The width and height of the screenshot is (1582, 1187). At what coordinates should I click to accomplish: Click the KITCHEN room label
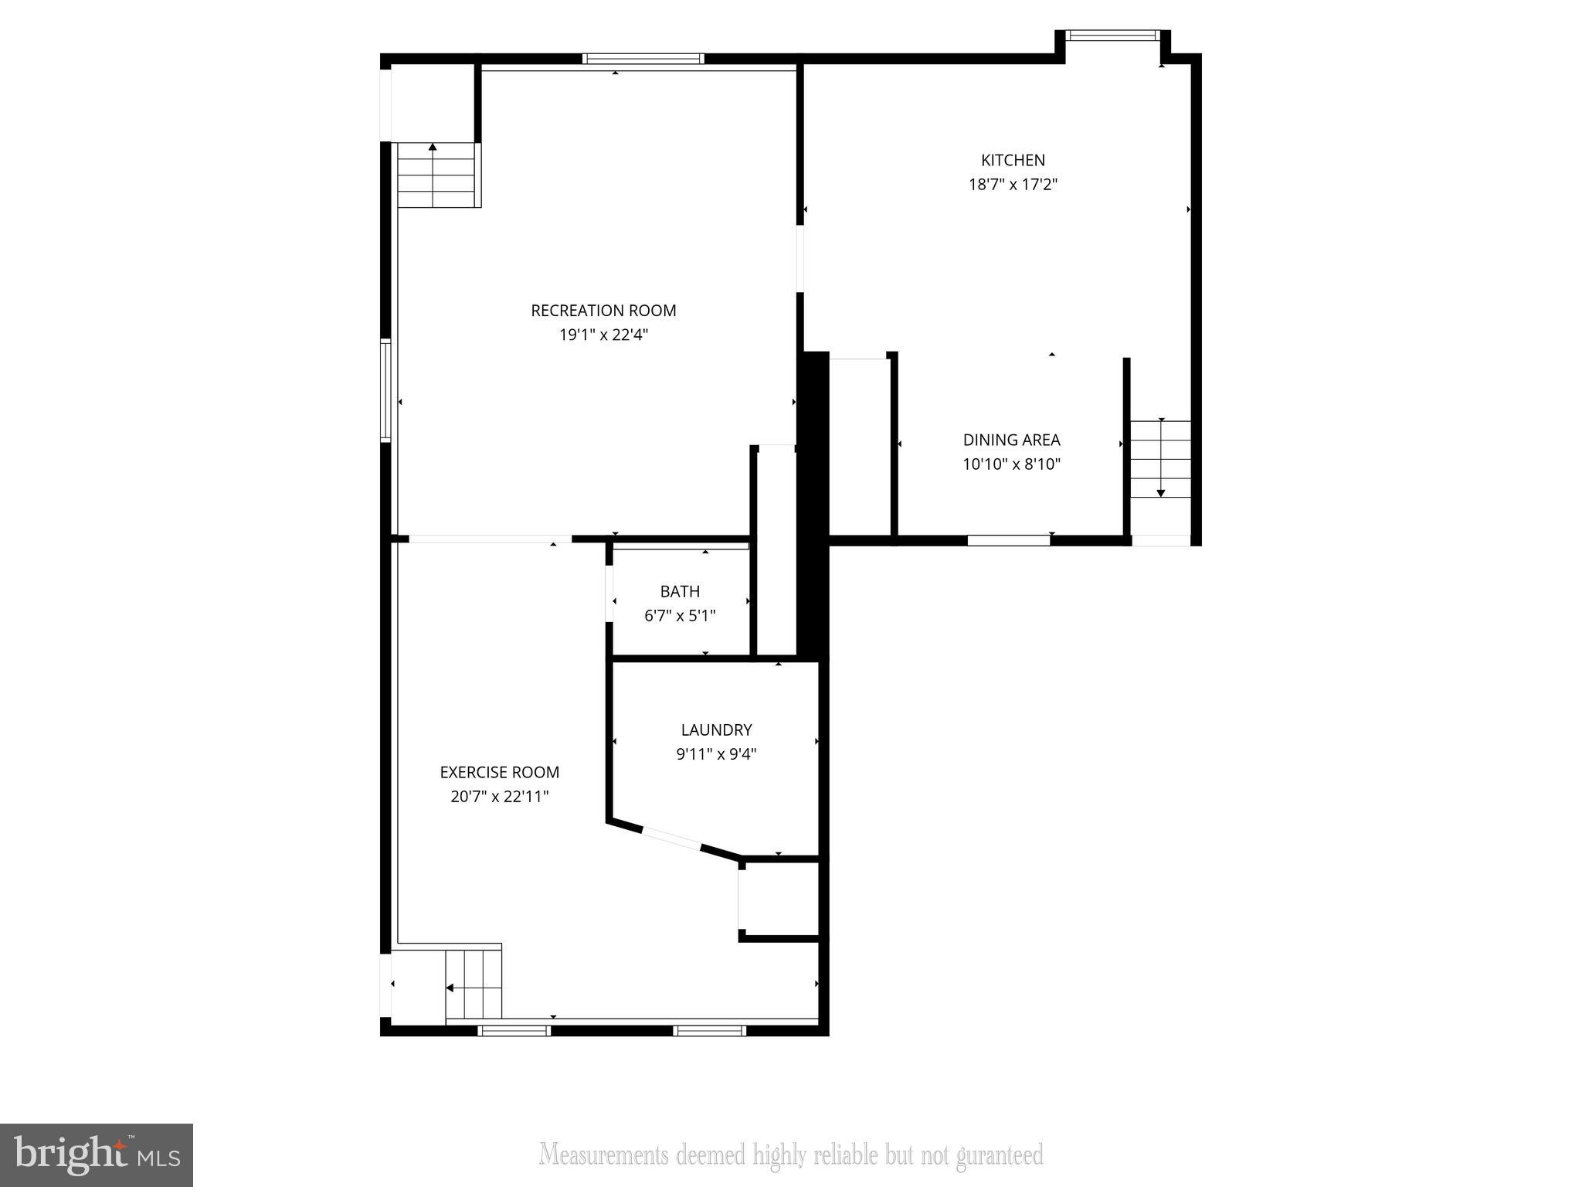(1013, 160)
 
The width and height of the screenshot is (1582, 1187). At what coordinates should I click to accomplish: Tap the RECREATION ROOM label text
(603, 311)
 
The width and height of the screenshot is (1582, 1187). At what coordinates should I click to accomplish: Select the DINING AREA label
(1011, 440)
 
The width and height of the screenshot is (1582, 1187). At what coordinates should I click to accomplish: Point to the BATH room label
(680, 591)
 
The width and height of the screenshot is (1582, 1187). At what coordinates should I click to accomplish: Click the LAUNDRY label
(716, 730)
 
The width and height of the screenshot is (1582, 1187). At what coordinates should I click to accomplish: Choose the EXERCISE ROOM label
(499, 772)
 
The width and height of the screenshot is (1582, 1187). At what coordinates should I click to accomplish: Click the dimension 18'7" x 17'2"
(1013, 185)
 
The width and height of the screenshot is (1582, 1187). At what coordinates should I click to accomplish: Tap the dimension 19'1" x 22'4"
(603, 335)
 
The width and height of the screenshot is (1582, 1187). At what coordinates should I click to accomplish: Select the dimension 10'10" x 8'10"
(1011, 464)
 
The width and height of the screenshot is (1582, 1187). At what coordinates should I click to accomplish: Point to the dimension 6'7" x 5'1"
(680, 616)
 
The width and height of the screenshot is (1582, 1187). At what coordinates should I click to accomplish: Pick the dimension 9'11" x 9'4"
(716, 754)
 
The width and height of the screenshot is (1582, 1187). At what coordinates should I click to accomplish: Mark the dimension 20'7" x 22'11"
(499, 797)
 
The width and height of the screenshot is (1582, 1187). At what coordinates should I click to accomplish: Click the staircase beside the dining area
(1160, 459)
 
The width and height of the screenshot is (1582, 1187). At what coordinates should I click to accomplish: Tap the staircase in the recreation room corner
(436, 175)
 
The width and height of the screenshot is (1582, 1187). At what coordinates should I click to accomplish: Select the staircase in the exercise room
(474, 985)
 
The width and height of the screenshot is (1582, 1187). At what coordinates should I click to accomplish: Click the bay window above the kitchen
(1112, 35)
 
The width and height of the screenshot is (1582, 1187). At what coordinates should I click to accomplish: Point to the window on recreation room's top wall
(643, 59)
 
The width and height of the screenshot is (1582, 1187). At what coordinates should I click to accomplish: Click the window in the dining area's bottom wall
(1008, 540)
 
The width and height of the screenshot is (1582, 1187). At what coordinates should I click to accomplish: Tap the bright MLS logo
(97, 1155)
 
